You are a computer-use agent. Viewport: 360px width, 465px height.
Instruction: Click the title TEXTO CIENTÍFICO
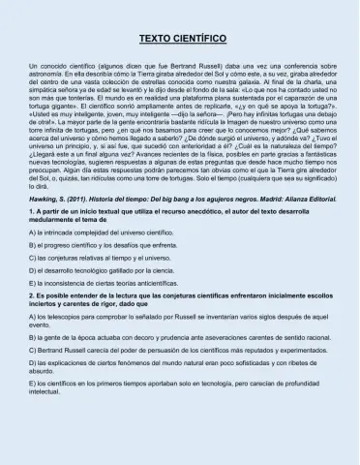coord(180,38)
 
